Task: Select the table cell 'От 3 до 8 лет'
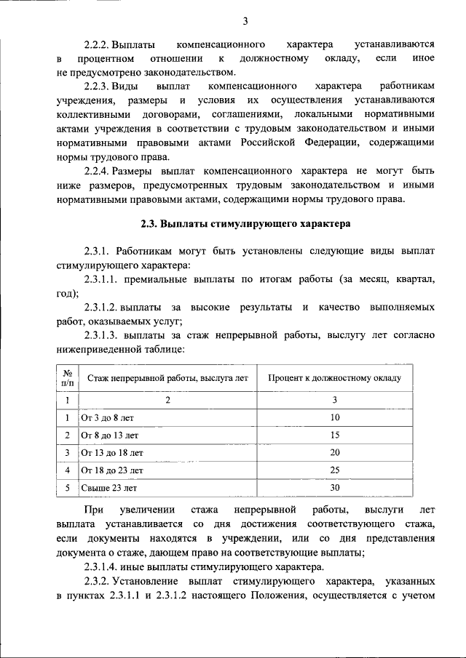pos(108,417)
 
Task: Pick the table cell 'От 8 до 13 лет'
pos(110,435)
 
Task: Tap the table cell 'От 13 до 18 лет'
pos(112,452)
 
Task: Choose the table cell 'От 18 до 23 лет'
pos(112,470)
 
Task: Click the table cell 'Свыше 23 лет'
pos(109,487)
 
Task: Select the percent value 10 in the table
pos(335,417)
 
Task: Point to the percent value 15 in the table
pos(335,435)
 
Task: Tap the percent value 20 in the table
pos(335,452)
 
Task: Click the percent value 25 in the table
pos(335,470)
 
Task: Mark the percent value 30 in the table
pos(335,487)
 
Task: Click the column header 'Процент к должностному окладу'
pos(335,378)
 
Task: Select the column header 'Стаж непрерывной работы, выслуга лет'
pos(167,378)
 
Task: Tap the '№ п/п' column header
pos(66,378)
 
